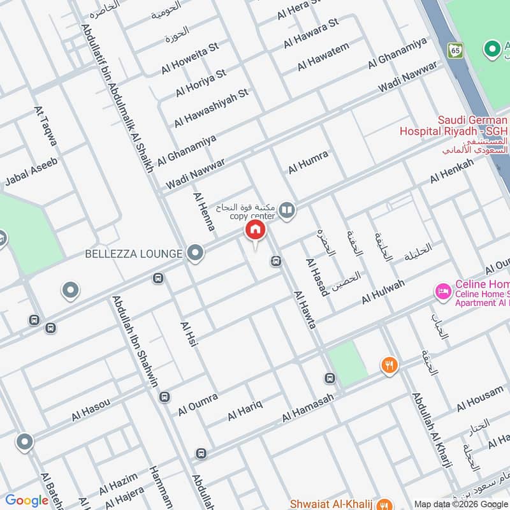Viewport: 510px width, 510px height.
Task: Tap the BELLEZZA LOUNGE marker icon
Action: (x=195, y=254)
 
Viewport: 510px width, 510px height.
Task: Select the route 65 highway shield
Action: (x=455, y=49)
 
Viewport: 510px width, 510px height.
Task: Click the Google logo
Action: (x=27, y=500)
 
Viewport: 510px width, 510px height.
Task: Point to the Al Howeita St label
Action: (x=189, y=57)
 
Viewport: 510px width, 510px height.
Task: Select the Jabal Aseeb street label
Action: (x=31, y=172)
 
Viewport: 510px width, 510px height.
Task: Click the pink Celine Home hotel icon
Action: (x=441, y=293)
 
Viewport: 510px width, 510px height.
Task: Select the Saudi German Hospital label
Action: (x=453, y=125)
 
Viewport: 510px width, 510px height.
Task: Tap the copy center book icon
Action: (x=287, y=210)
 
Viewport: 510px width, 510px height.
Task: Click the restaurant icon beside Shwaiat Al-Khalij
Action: (x=384, y=502)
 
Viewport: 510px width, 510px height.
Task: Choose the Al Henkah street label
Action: (x=451, y=171)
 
